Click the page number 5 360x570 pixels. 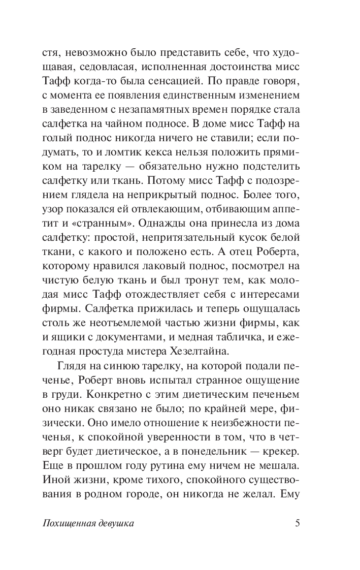[298, 524]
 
